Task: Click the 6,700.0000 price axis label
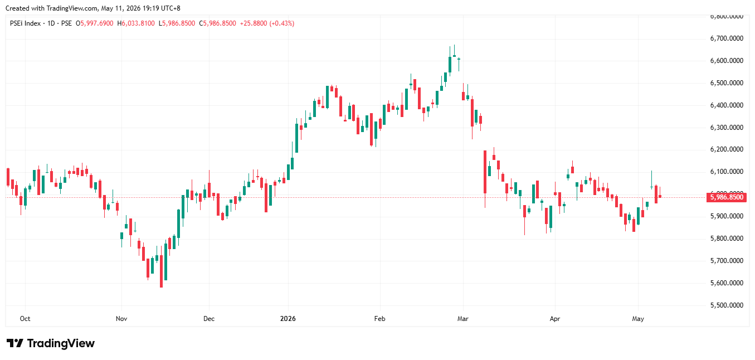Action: [727, 38]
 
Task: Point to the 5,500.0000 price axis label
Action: [727, 305]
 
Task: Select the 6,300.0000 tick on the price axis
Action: [727, 128]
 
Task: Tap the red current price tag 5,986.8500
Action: [727, 197]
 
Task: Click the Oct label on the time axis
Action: [25, 319]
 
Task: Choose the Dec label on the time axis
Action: [208, 319]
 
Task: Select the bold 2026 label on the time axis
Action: [288, 319]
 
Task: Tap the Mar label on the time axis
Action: [463, 319]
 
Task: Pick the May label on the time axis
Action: [637, 319]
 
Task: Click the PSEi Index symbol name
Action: [25, 23]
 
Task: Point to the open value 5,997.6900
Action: [97, 23]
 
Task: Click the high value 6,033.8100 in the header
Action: [138, 23]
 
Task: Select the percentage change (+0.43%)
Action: [282, 23]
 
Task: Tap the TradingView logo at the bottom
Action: [51, 343]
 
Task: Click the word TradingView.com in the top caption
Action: [72, 8]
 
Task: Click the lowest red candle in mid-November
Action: [161, 271]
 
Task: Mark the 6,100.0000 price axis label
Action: [727, 172]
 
